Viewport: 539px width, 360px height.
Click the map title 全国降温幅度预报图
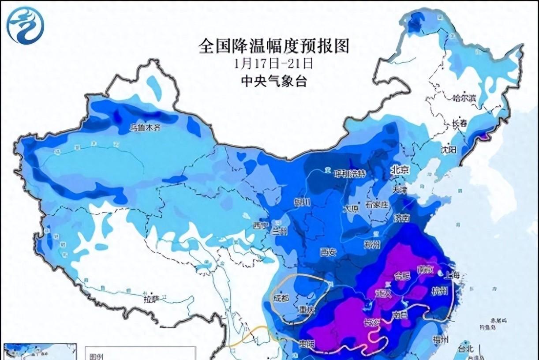coord(273,46)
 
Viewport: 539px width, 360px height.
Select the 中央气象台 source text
coord(273,81)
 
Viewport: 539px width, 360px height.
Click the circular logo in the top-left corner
coord(25,26)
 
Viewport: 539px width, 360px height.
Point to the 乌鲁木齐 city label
coord(145,128)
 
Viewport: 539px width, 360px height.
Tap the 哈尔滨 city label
coord(465,97)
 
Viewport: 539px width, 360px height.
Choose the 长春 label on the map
coord(459,124)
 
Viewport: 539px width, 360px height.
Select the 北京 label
coord(400,170)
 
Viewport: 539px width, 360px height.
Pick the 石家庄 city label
coord(376,204)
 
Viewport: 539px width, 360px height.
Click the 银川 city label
coord(302,202)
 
